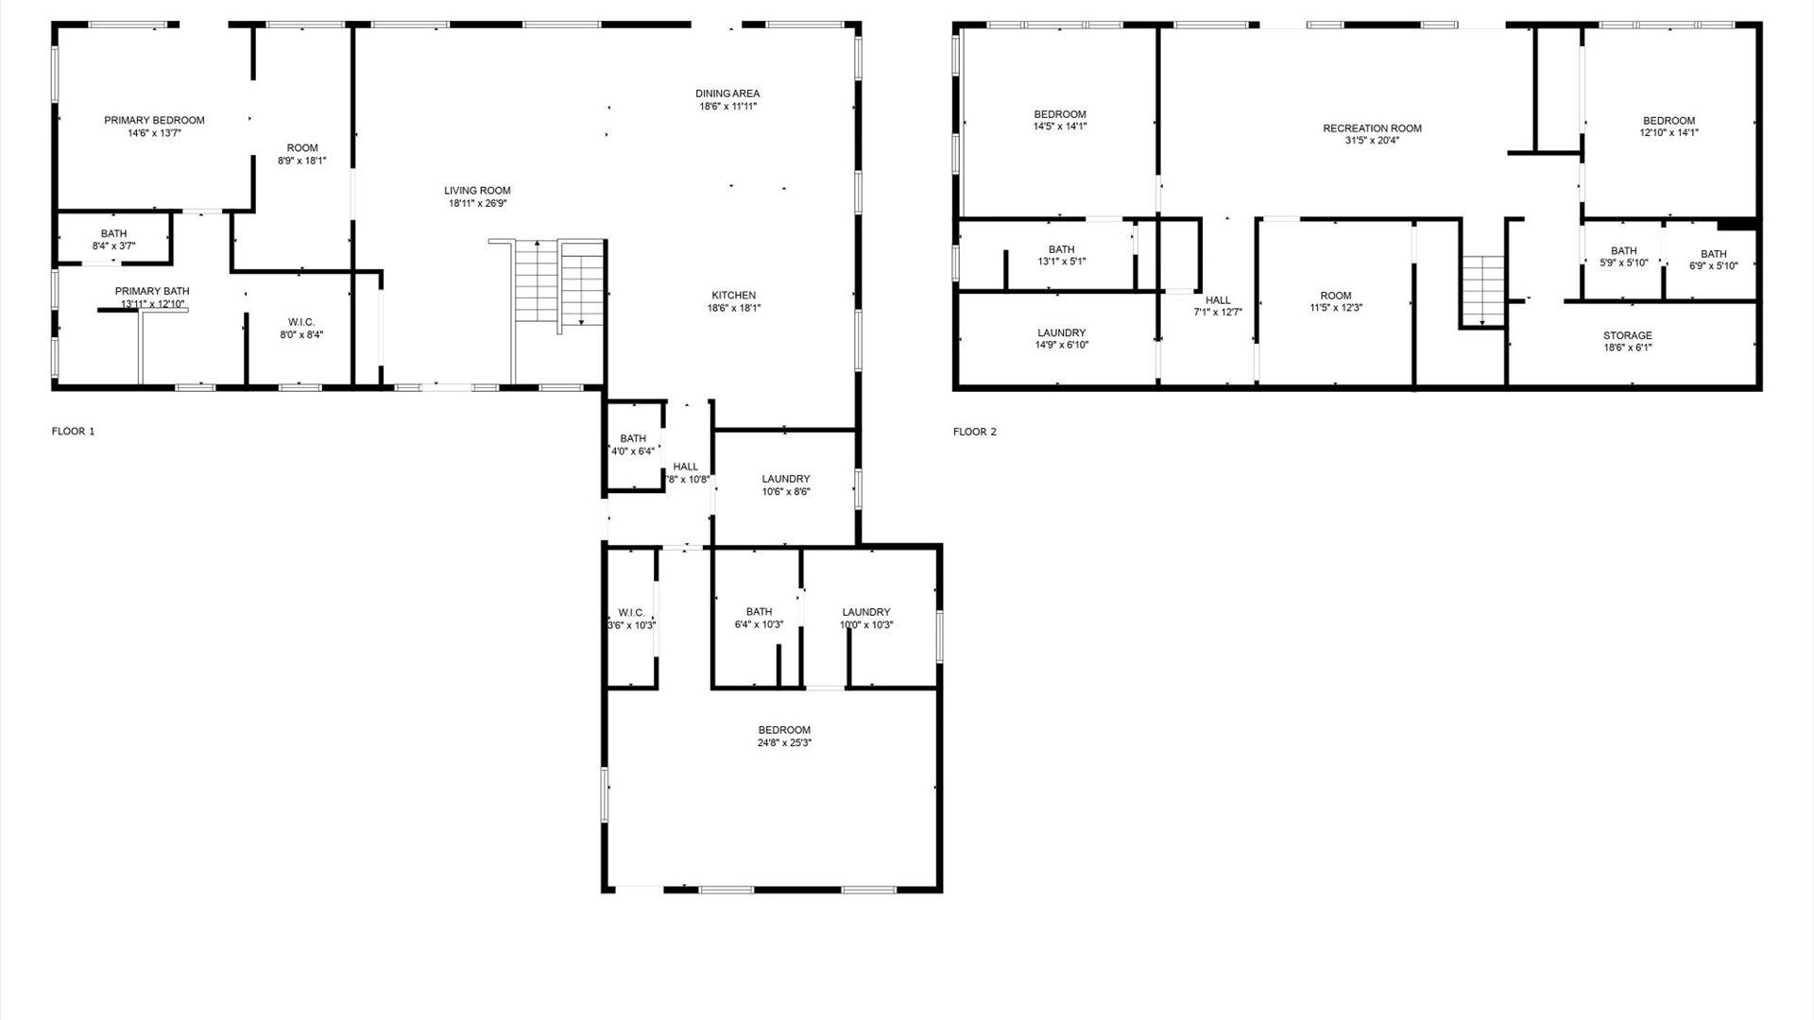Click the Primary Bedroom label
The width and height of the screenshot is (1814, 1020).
(154, 120)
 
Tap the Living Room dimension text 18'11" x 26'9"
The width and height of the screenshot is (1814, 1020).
(477, 203)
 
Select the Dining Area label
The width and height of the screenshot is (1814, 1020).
(727, 93)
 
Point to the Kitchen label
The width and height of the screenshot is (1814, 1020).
(733, 296)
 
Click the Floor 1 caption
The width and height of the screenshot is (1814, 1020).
(74, 432)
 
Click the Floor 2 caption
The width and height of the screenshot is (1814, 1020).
(974, 432)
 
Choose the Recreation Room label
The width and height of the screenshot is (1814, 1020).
(1372, 128)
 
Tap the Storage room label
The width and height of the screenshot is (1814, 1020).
(1627, 335)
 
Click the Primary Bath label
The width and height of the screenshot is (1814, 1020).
(152, 291)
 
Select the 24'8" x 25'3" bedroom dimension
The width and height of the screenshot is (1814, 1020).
(784, 742)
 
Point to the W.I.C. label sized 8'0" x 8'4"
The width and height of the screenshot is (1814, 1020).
(301, 322)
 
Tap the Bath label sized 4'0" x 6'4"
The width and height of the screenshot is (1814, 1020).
(633, 438)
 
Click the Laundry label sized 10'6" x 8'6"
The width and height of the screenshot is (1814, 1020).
(785, 479)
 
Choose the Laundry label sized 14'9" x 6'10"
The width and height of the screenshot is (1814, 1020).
(1061, 332)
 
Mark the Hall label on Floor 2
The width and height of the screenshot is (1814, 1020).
(1218, 300)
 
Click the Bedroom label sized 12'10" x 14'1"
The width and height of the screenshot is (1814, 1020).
(1669, 121)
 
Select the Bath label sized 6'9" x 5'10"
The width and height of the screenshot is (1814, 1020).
(1713, 254)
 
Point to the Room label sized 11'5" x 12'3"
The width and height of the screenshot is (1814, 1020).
(1336, 296)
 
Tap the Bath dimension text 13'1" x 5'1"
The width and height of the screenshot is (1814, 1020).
(1061, 262)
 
